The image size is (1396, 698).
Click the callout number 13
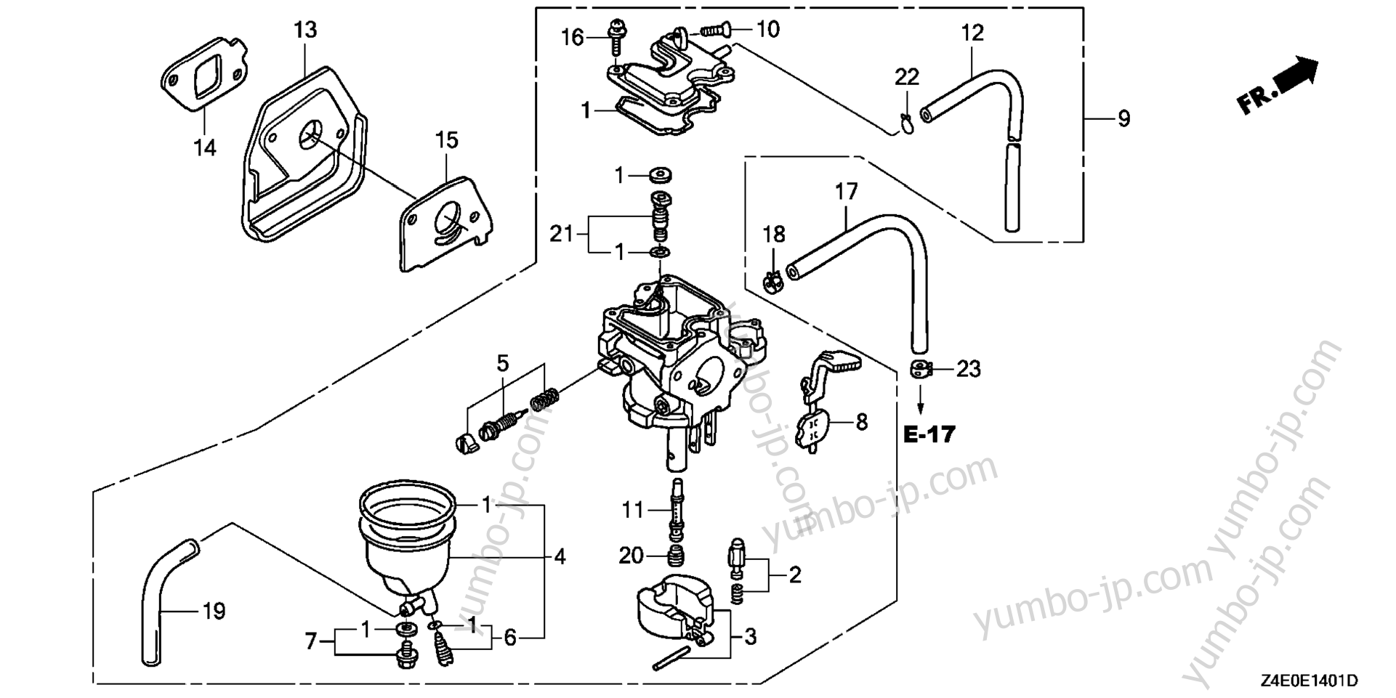306,31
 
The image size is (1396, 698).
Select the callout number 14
205,148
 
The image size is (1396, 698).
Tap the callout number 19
214,612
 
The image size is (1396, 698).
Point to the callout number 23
968,369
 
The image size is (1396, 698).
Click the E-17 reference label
929,434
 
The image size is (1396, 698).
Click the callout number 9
1123,118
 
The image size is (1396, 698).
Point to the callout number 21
561,235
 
